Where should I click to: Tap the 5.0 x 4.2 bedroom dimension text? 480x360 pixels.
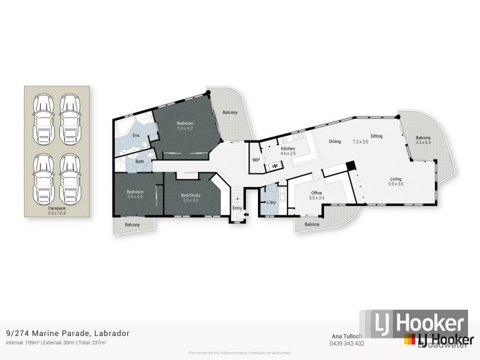(x=185, y=128)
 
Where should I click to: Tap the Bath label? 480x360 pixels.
(x=140, y=161)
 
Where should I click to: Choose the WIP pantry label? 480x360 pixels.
(x=256, y=160)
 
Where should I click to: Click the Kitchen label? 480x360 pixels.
(x=288, y=148)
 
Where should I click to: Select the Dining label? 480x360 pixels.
(x=335, y=142)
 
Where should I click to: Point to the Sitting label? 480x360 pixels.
(x=376, y=136)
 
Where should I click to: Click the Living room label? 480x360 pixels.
(x=396, y=178)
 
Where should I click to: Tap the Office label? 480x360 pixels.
(x=316, y=193)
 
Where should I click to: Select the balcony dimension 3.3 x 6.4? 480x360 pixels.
(x=424, y=142)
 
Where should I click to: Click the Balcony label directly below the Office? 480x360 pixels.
(x=311, y=224)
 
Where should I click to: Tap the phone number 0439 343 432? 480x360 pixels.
(x=347, y=344)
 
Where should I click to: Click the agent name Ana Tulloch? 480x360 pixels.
(x=347, y=337)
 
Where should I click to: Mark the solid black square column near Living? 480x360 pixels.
(x=352, y=167)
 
